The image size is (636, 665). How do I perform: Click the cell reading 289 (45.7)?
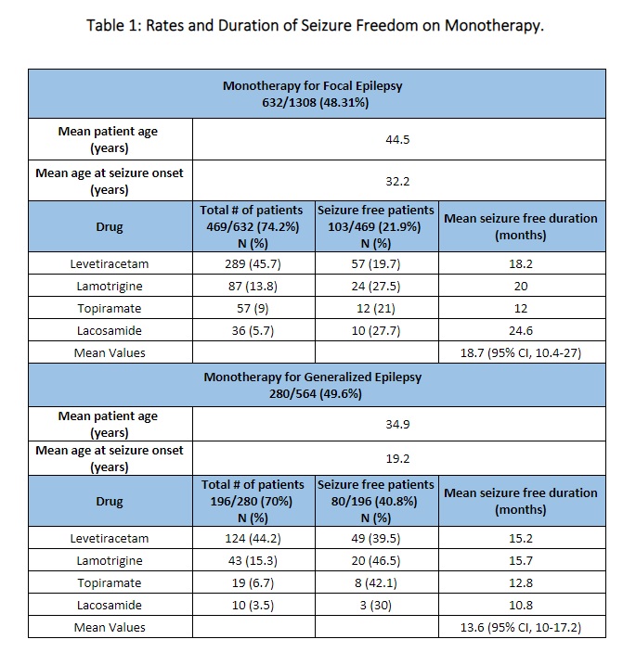point(253,263)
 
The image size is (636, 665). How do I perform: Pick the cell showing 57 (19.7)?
point(375,263)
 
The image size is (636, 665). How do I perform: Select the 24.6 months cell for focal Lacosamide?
point(520,330)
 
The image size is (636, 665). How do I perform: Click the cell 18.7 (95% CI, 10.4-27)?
point(520,352)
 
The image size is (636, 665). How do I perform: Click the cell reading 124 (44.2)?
point(253,538)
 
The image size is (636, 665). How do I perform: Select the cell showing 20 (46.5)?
point(375,560)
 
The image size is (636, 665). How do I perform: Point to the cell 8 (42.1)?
point(375,582)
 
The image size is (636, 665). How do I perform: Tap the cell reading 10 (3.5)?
point(253,605)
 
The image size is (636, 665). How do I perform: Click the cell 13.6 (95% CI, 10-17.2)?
point(520,627)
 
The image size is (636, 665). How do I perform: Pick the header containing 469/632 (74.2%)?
point(253,226)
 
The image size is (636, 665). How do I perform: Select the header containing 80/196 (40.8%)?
point(375,501)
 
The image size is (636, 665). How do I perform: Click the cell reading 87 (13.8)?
point(253,286)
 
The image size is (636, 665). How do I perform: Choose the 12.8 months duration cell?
point(520,582)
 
